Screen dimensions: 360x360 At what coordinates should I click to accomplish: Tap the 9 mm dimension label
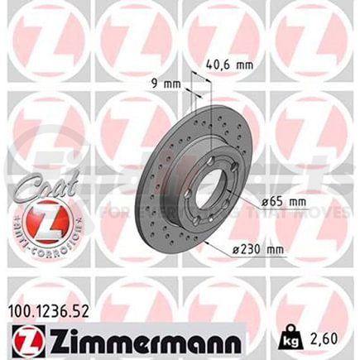(170, 84)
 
